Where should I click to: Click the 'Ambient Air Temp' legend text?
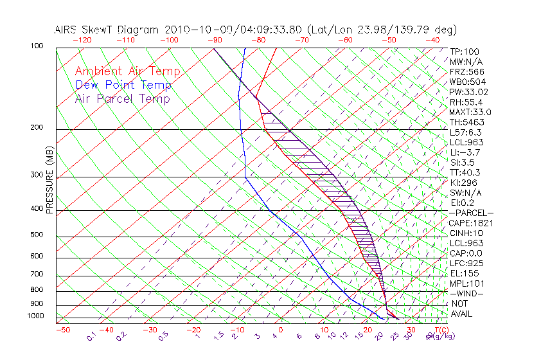[x=127, y=71]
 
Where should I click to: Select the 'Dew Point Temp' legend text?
[x=123, y=85]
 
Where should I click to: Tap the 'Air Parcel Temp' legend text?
[x=122, y=98]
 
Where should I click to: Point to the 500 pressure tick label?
[x=37, y=235]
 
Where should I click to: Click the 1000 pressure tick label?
[x=35, y=316]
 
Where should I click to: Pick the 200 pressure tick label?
[x=37, y=127]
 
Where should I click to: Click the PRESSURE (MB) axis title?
[x=49, y=180]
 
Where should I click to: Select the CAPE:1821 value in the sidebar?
[x=471, y=223]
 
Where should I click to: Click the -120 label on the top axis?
[x=82, y=39]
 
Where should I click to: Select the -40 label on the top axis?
[x=432, y=39]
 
